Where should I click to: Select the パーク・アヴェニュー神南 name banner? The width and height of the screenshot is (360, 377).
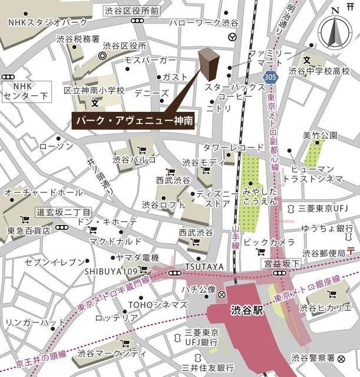pyautogui.click(x=134, y=119)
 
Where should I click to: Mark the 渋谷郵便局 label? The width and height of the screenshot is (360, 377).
pyautogui.click(x=322, y=253)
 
